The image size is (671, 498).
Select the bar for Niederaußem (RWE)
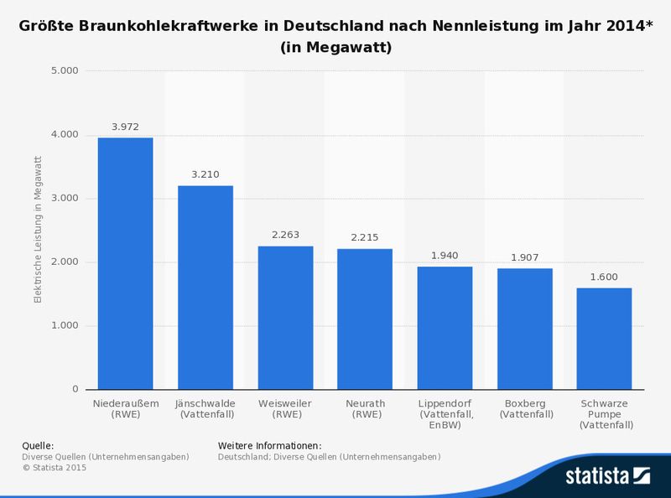point(126,263)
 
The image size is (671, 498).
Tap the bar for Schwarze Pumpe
point(605,339)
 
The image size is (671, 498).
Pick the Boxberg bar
point(525,329)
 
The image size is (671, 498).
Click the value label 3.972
point(126,127)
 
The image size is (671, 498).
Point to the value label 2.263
point(285,236)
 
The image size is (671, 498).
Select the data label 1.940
point(445,256)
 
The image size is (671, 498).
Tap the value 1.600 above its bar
point(605,278)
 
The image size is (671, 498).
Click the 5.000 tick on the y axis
point(65,70)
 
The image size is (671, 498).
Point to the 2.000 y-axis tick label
point(65,262)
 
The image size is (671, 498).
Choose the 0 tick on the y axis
point(75,389)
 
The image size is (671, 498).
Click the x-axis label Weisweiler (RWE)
point(285,408)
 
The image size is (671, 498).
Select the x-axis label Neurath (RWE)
point(366,408)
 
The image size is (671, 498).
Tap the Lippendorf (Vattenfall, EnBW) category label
point(445,414)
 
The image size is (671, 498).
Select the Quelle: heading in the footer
point(38,445)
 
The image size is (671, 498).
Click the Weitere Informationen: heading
point(269,445)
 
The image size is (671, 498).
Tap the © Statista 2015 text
point(54,468)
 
